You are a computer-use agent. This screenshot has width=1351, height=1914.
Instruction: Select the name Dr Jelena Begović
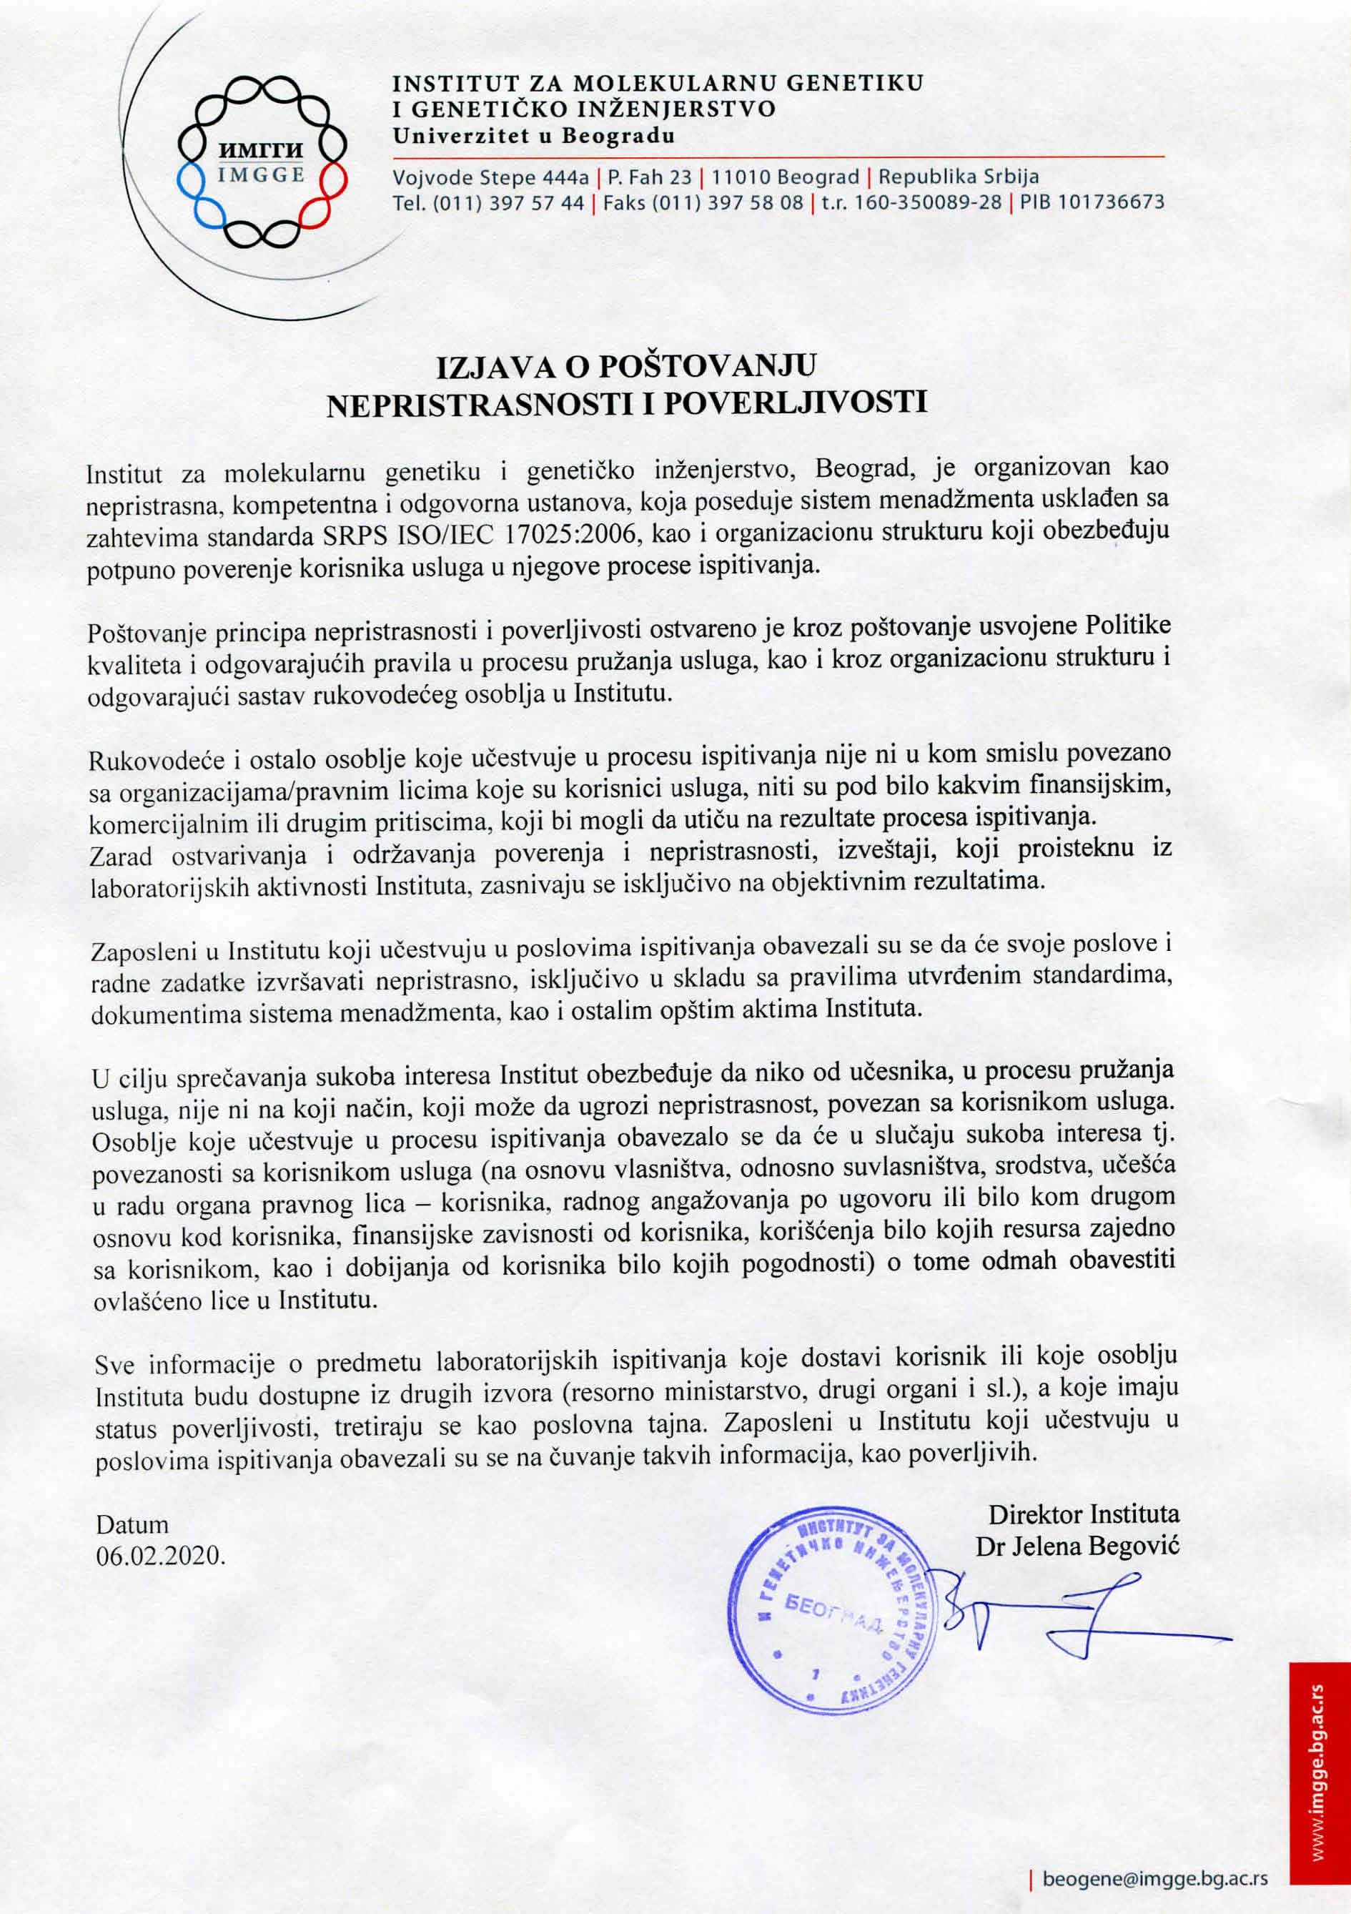(1078, 1547)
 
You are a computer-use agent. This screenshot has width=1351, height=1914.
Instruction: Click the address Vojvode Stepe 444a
(491, 177)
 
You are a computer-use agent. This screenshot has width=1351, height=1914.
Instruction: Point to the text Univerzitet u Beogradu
(533, 136)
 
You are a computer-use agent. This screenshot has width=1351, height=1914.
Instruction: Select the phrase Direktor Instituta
(1084, 1513)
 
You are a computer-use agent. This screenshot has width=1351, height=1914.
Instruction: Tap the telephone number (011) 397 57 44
(508, 202)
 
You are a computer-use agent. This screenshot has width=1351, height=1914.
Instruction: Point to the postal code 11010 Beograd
(785, 177)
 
